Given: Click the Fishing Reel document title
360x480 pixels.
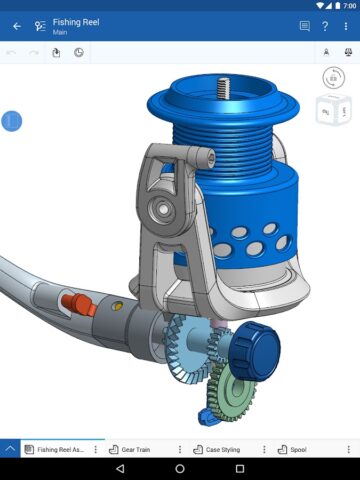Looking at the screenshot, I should pos(76,21).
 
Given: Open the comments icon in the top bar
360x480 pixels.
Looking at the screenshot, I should pos(304,26).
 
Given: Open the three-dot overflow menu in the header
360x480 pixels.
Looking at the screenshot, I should pos(345,26).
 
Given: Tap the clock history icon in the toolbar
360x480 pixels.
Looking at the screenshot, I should pos(79,52).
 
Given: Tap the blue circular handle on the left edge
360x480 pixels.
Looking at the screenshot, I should pos(11,121).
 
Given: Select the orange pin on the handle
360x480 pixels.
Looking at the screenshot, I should pos(77,302).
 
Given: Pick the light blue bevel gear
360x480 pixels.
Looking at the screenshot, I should pos(185,345).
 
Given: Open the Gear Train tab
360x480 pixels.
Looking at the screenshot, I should pos(141,450).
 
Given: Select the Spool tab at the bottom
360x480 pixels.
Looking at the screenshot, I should pos(297,450).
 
